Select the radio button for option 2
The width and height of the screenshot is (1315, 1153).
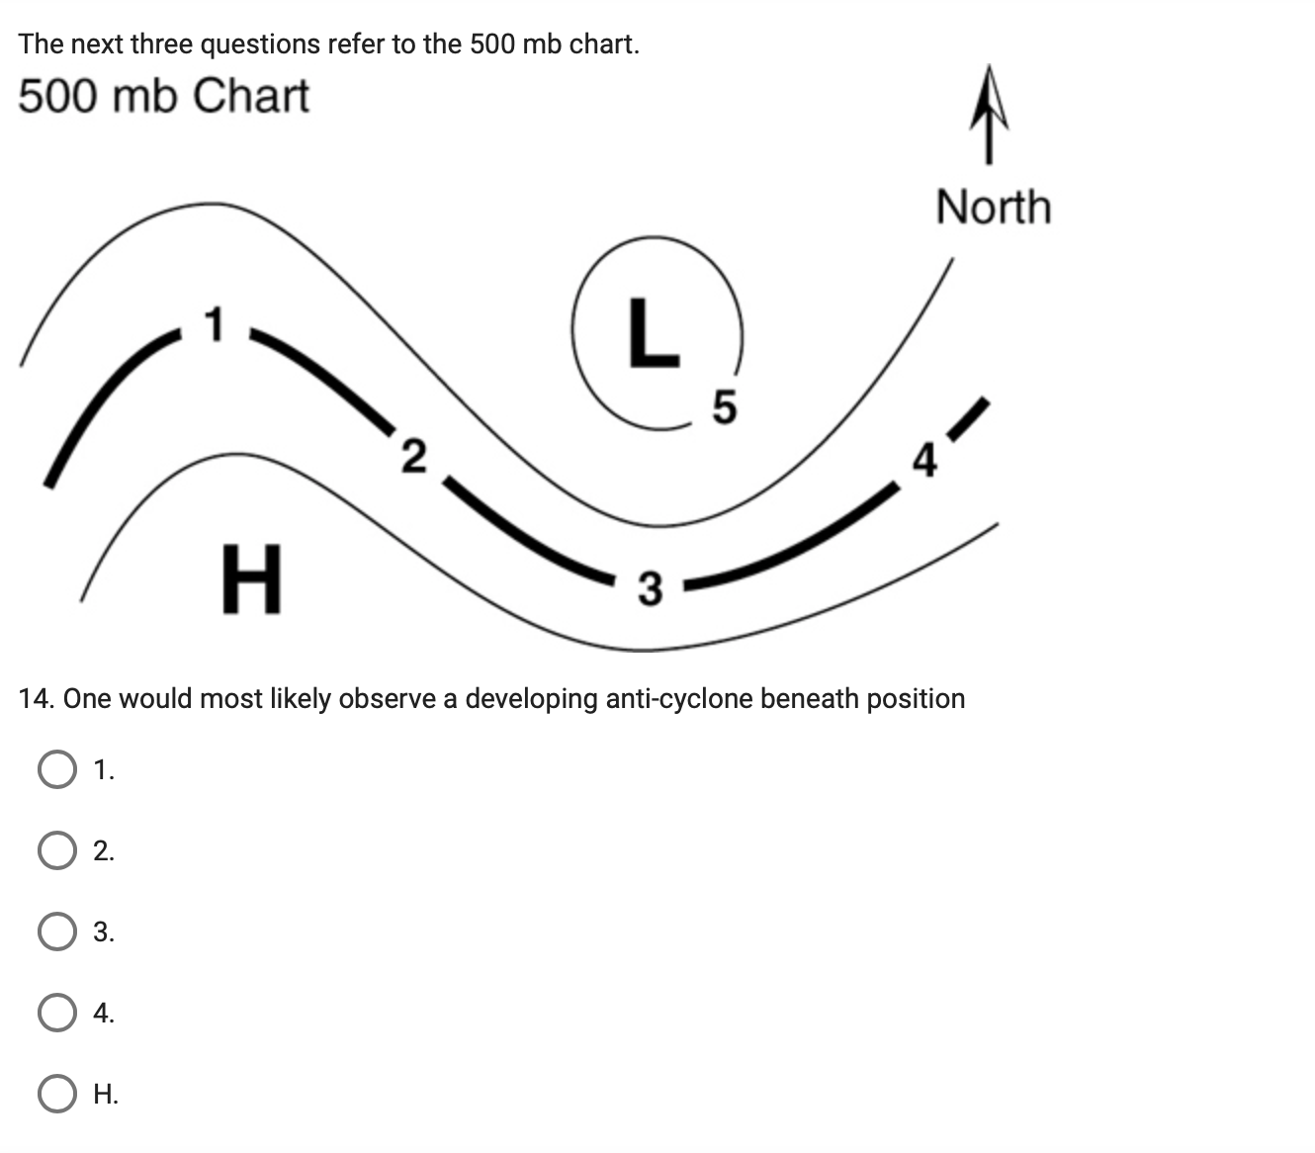coord(57,850)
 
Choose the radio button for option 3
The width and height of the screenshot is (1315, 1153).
coord(57,931)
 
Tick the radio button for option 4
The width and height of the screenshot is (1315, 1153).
coord(57,1013)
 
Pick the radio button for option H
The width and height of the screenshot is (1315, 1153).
coord(57,1094)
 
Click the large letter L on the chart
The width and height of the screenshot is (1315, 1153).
coord(654,332)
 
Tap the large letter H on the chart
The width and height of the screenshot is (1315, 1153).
coord(251,578)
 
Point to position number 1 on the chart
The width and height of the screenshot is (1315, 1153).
coord(214,323)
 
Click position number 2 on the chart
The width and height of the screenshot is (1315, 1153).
coord(414,456)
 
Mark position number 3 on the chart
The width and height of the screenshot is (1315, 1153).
coord(649,588)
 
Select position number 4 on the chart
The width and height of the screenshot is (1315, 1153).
coord(923,460)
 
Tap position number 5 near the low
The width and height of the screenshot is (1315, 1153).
coord(725,406)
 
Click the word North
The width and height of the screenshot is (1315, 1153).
coord(993,208)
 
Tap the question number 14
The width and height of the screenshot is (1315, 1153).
coord(36,699)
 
